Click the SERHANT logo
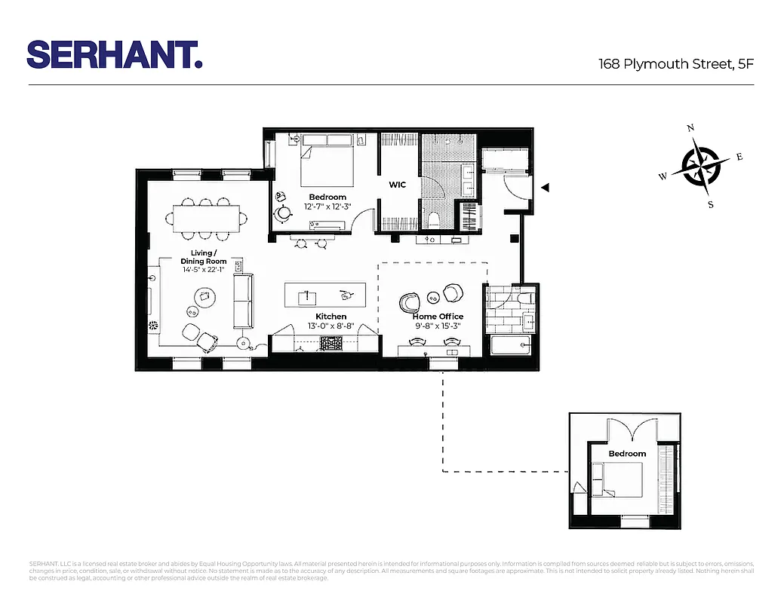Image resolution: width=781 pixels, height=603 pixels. [x=115, y=54]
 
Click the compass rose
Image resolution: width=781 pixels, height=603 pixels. [x=702, y=167]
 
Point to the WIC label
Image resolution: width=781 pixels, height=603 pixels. [x=398, y=185]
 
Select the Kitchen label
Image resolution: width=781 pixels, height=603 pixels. [x=331, y=317]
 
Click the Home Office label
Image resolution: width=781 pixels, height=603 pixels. [x=438, y=317]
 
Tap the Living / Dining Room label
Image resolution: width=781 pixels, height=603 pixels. [x=204, y=257]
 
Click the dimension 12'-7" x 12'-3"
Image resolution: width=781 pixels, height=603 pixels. [x=327, y=207]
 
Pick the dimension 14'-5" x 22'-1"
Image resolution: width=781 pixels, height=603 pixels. [x=204, y=270]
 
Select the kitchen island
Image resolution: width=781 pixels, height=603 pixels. [x=324, y=294]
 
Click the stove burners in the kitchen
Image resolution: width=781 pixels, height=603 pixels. [x=332, y=344]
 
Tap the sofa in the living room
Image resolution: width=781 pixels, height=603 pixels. [x=243, y=301]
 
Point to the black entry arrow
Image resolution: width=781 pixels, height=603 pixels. [x=545, y=187]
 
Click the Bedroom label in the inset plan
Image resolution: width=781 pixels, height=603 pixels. [x=627, y=454]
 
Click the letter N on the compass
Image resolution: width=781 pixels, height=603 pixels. [x=690, y=129]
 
